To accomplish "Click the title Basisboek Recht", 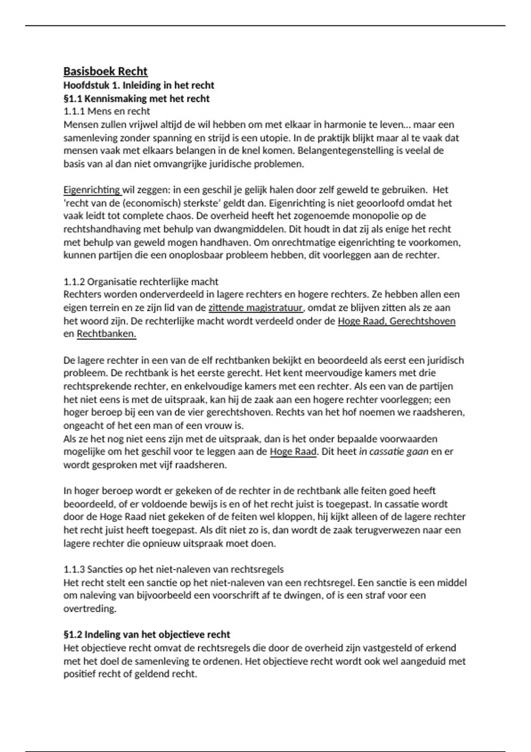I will coord(105,72).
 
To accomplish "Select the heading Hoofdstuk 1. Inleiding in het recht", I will coord(139,85).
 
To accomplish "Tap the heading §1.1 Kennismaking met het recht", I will coord(136,98).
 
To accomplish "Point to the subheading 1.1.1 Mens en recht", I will coord(107,111).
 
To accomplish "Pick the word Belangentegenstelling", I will coord(345,150).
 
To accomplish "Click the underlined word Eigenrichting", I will coord(92,190).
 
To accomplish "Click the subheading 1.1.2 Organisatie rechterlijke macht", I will coord(141,282).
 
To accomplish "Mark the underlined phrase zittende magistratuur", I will coord(255,308).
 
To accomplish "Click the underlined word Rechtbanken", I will coord(106,334).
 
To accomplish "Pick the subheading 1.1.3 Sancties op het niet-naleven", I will coord(173,569).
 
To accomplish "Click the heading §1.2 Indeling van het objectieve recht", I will coord(147,635).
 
